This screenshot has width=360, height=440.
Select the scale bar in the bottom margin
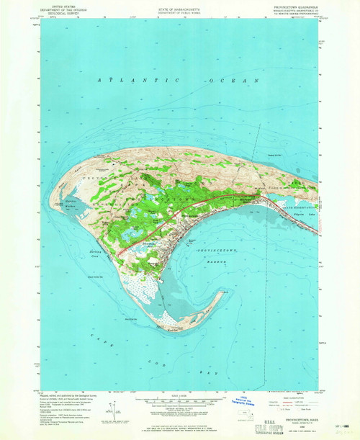point(170,401)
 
